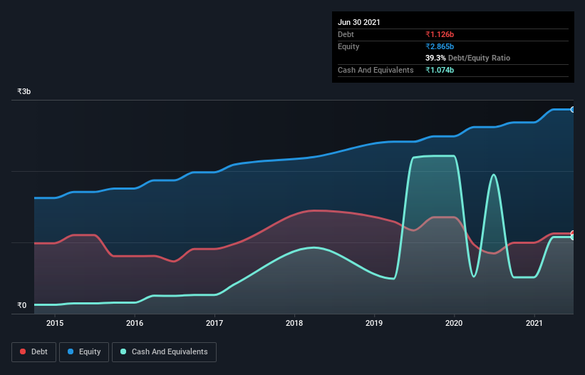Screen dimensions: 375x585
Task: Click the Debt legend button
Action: click(x=33, y=351)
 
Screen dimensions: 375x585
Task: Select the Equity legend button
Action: click(x=83, y=351)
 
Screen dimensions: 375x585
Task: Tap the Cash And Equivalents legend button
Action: click(x=164, y=351)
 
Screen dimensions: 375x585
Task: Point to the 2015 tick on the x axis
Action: click(x=55, y=323)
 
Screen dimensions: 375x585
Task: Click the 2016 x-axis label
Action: click(x=135, y=323)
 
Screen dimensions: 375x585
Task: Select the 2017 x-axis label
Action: click(x=214, y=323)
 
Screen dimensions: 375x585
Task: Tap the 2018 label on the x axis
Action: click(x=294, y=323)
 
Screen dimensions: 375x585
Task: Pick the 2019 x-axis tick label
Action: click(x=374, y=323)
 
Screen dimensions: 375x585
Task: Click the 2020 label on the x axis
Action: click(x=454, y=323)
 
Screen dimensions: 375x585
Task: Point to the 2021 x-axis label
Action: click(x=534, y=323)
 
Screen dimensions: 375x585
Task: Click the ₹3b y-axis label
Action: click(x=24, y=92)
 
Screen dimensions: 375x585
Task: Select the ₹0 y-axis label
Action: click(x=22, y=305)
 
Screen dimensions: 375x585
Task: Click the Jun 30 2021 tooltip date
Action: click(x=359, y=22)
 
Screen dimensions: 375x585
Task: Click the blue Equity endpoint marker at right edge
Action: click(x=572, y=110)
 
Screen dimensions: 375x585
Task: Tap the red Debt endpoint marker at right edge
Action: click(x=572, y=234)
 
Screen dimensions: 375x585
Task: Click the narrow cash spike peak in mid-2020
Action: click(x=493, y=175)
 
